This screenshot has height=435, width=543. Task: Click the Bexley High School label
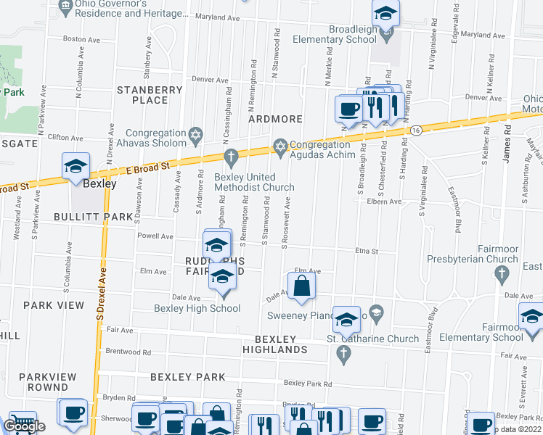coord(197,308)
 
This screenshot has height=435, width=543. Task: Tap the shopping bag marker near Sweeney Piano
coord(301,286)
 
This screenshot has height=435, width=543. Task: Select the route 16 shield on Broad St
coord(415,130)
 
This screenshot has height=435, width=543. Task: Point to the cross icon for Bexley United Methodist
coord(231,157)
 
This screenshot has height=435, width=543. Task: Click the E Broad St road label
coord(147,168)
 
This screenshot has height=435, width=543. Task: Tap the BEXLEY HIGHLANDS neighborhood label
coord(281,344)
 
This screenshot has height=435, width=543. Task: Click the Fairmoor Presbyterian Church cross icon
coord(500,273)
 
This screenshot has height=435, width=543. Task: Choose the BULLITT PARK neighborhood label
coord(92,216)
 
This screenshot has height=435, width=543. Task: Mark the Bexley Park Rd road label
coord(308,384)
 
